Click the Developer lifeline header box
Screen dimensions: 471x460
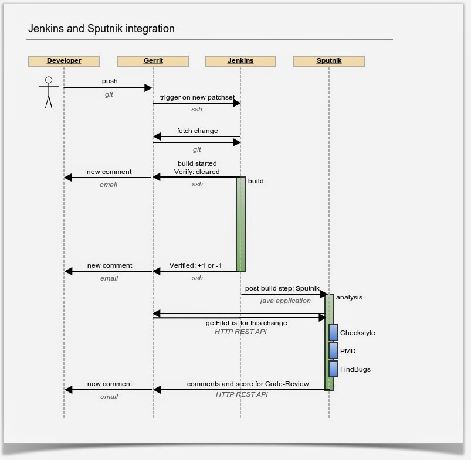pos(64,61)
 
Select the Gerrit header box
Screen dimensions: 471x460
pos(153,61)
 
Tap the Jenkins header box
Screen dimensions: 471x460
pos(240,61)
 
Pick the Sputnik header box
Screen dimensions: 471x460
pos(329,61)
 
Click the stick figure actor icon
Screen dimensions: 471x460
pos(49,92)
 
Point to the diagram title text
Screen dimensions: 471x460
pos(101,29)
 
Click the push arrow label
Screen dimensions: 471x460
pos(110,81)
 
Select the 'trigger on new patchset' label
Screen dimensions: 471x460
pos(197,97)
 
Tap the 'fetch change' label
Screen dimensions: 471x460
pos(197,131)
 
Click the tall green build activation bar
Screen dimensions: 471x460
pos(240,224)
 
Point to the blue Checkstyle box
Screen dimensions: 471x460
pos(333,332)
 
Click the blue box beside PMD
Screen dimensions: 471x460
pos(333,350)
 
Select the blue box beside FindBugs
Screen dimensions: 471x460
pos(333,369)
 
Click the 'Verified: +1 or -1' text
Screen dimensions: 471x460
pos(196,265)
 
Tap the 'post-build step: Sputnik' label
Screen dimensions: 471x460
pos(282,288)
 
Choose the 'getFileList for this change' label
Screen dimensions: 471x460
pos(246,323)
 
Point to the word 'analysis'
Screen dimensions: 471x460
pos(349,297)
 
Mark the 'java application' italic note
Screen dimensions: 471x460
pos(286,301)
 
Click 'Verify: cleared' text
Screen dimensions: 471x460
pos(197,172)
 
